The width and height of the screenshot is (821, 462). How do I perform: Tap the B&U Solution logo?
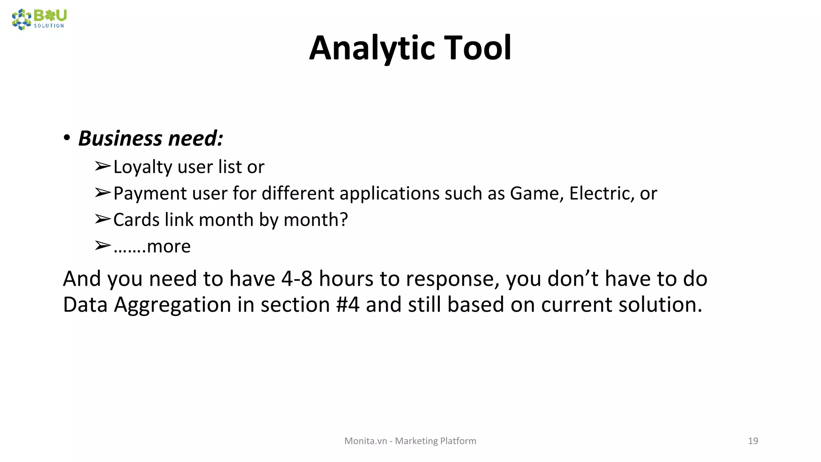pyautogui.click(x=39, y=19)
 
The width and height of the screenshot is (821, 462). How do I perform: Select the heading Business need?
pyautogui.click(x=150, y=138)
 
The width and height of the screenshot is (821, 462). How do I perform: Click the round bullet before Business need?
pyautogui.click(x=67, y=138)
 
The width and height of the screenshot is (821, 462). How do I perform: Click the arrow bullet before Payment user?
pyautogui.click(x=102, y=193)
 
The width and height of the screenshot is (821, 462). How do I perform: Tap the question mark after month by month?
pyautogui.click(x=344, y=220)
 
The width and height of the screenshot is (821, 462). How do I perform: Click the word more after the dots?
pyautogui.click(x=168, y=246)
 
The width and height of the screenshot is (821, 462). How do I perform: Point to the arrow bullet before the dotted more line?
pyautogui.click(x=102, y=245)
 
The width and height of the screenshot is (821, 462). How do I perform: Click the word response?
pyautogui.click(x=452, y=278)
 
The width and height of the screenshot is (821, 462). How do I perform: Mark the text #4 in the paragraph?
pyautogui.click(x=348, y=305)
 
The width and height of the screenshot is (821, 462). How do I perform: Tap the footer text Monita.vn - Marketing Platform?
pyautogui.click(x=410, y=441)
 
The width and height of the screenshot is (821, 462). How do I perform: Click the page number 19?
pyautogui.click(x=753, y=441)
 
